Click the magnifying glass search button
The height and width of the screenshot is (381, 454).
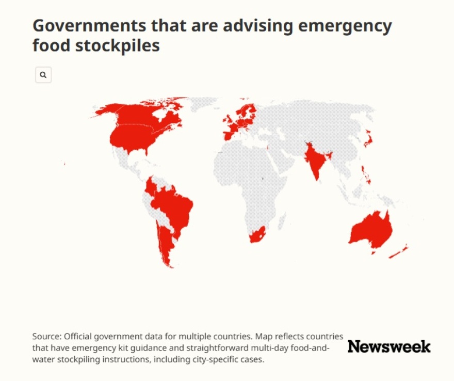(43, 75)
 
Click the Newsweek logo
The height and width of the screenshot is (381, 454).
(389, 346)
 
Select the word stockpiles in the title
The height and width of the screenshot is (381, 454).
(118, 45)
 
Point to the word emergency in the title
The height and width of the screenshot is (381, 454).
(345, 26)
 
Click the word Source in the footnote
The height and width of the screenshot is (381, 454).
(46, 337)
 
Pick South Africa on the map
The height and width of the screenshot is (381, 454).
(257, 233)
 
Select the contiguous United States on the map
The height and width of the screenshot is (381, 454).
(132, 139)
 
